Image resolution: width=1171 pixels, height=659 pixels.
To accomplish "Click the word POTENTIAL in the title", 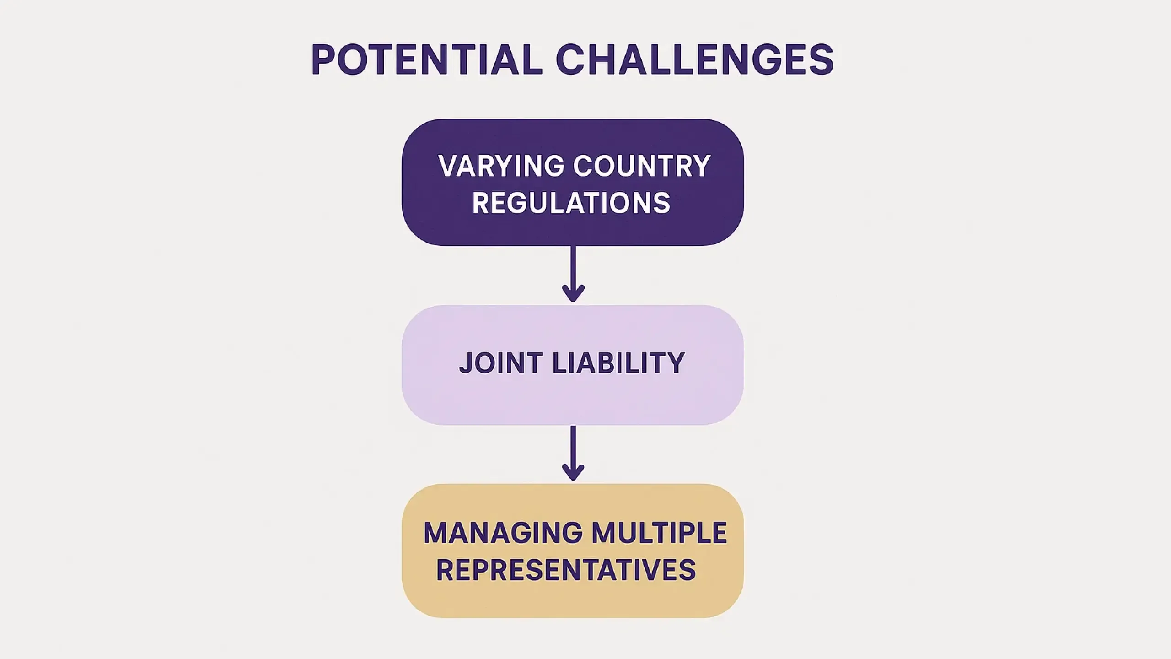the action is [x=427, y=59].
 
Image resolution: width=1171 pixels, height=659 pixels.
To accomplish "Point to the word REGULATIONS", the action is [x=571, y=203].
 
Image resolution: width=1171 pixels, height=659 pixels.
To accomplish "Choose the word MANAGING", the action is [x=503, y=533].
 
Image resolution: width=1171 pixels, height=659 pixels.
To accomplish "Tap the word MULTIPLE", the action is [x=659, y=533].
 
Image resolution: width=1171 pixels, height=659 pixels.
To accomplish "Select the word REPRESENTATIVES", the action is [x=566, y=570].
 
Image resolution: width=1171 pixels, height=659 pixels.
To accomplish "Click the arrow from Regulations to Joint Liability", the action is [x=573, y=274].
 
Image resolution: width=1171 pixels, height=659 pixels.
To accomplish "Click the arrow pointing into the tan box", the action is [x=573, y=453].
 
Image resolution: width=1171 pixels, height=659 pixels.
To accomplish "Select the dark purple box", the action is [x=573, y=182].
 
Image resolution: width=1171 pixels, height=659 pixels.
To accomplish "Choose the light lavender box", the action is [x=573, y=365].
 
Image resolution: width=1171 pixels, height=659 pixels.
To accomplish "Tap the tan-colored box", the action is [x=573, y=551].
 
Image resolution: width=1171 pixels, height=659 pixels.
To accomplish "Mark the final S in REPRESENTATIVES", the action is [x=688, y=570].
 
